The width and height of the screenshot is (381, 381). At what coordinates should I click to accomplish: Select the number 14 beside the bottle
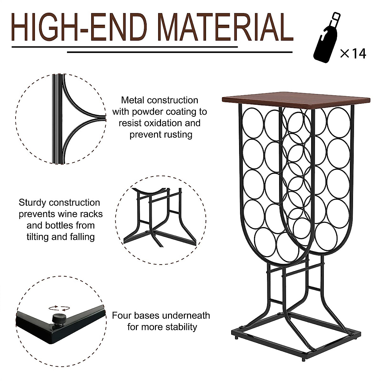(x=359, y=53)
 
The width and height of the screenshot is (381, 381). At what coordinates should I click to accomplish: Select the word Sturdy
(x=32, y=203)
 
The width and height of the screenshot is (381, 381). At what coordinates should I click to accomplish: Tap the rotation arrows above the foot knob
(x=59, y=308)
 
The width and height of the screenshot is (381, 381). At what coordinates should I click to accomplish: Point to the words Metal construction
(x=159, y=100)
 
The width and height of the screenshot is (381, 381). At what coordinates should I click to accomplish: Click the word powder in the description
(x=146, y=112)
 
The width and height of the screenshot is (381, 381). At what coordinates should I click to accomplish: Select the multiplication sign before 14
(x=344, y=53)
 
